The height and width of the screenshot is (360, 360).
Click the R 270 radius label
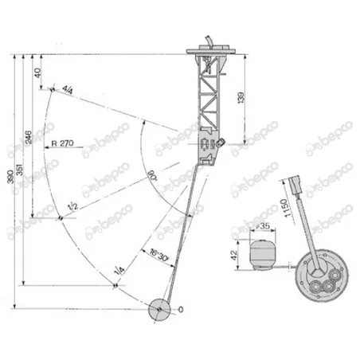coord(62,143)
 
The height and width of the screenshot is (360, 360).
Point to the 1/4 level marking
coord(119,272)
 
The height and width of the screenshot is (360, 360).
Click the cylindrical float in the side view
coord(264,256)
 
